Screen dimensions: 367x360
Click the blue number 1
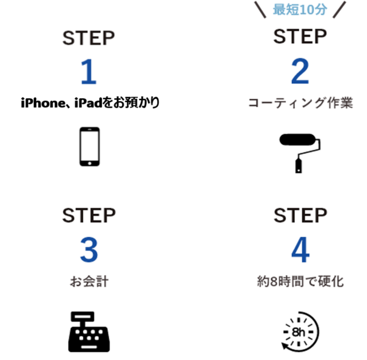tap(89, 72)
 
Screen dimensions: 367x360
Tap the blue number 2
tap(300, 71)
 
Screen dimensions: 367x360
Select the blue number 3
tap(89, 250)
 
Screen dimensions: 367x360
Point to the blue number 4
tap(300, 250)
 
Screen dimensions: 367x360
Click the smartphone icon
tap(89, 147)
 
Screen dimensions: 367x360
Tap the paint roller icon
tap(300, 153)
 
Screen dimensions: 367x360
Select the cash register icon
tap(89, 332)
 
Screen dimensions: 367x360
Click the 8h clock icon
tap(300, 332)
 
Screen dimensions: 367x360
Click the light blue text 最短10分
tap(300, 10)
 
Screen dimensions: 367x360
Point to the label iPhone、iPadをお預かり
tap(91, 103)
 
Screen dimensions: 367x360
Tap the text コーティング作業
tap(300, 103)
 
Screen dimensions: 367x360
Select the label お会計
tap(89, 281)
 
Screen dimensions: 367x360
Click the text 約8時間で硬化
tap(300, 281)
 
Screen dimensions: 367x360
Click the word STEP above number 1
tap(89, 38)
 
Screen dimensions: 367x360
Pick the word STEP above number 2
tap(300, 36)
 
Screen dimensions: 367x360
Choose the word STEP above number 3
tap(89, 215)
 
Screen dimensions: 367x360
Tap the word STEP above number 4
tap(300, 215)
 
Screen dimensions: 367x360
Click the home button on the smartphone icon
tap(89, 163)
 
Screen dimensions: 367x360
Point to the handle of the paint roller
tap(298, 166)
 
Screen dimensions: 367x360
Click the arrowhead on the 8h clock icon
tap(286, 346)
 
